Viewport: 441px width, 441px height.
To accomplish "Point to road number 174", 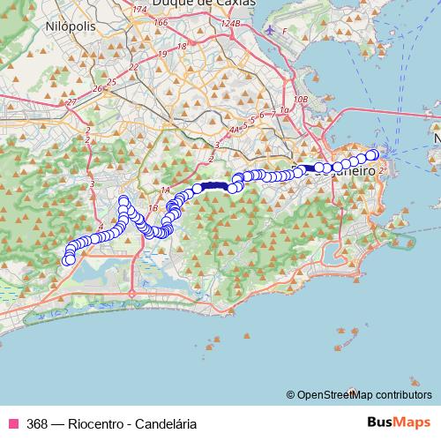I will [138, 9].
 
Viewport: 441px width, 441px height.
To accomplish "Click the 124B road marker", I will [230, 23].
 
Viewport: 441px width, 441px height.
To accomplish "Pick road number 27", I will [71, 103].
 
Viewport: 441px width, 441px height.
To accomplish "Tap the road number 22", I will [134, 66].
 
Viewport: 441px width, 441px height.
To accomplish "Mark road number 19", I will [183, 45].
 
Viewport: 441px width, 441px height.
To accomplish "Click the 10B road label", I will [302, 99].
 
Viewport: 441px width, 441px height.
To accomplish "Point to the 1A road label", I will [164, 191].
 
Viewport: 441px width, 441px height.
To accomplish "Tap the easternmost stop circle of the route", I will [373, 155].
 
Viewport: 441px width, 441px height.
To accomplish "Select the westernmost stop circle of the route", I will [67, 259].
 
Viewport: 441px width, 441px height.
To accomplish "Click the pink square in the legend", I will [12, 423].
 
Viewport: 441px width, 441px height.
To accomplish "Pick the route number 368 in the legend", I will [37, 423].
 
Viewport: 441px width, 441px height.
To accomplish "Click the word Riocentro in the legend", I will [94, 423].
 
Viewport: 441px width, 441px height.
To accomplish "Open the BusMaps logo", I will [399, 422].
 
